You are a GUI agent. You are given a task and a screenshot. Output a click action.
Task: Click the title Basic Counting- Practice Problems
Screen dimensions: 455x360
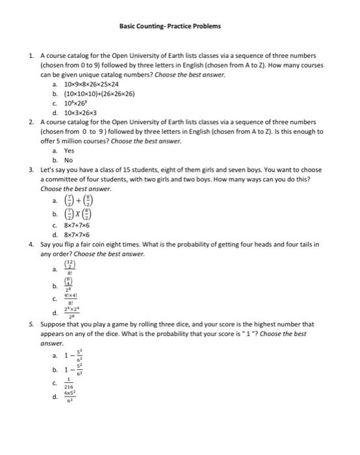[x=170, y=27]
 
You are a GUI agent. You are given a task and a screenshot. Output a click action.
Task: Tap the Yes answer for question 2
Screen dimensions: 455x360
[x=69, y=150]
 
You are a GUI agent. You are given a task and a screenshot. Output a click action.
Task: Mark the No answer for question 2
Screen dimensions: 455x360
[x=68, y=159]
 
